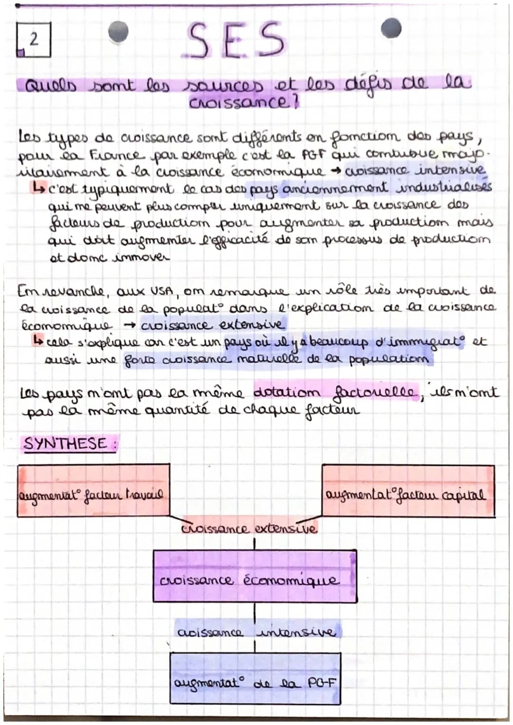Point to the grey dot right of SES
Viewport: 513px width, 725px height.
click(x=390, y=28)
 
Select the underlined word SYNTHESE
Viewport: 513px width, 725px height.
click(x=66, y=444)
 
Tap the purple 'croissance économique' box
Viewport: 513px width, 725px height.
click(x=255, y=576)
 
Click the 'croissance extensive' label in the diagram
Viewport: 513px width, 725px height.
click(x=249, y=528)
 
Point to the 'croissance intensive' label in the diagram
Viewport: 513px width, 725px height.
click(x=256, y=632)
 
